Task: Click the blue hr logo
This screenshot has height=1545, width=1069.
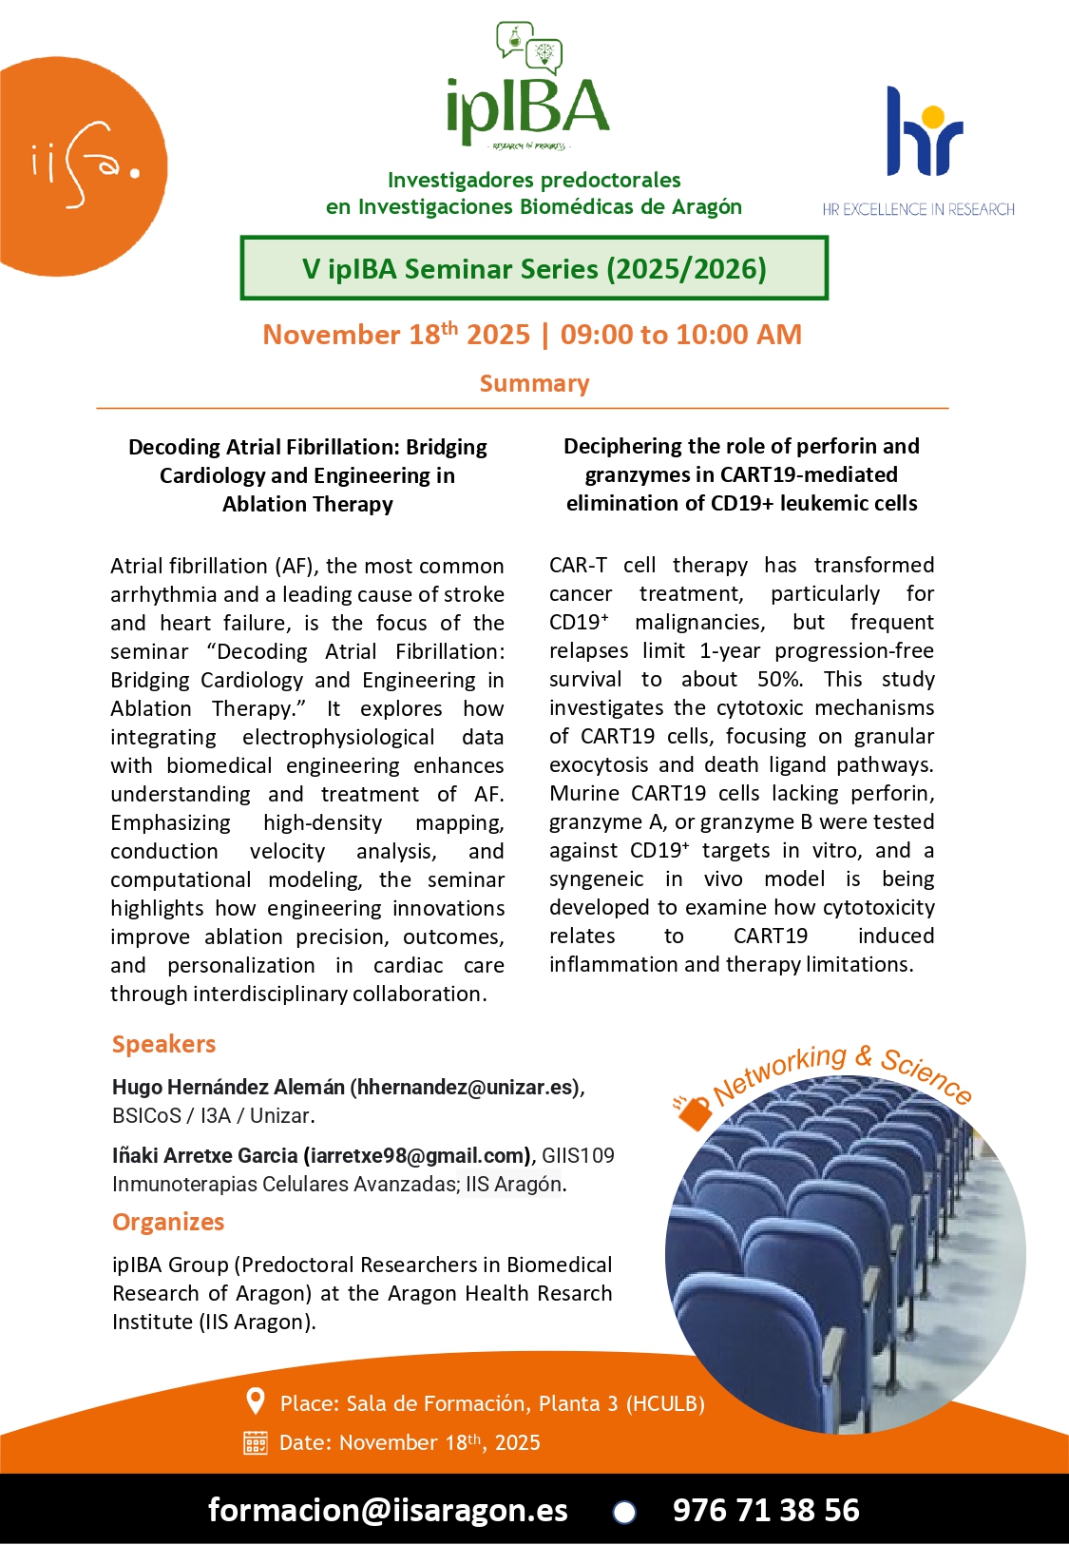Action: point(923,133)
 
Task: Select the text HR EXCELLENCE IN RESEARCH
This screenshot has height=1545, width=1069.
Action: point(918,209)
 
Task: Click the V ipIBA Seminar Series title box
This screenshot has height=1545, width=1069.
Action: point(534,269)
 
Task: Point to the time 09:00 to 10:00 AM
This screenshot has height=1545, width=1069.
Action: point(680,335)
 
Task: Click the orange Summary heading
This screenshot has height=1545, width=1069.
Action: point(534,383)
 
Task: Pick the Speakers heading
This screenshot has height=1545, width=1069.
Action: point(163,1044)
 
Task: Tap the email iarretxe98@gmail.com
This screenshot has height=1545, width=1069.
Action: point(416,1155)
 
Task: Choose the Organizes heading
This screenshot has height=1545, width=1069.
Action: point(168,1222)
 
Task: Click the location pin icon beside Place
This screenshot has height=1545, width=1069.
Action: point(255,1401)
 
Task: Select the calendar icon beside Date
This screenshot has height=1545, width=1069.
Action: point(256,1442)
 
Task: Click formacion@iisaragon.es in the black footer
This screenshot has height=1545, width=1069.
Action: point(388,1510)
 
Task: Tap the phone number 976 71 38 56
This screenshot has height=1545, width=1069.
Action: point(766,1510)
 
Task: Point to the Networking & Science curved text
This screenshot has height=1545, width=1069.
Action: point(841,1074)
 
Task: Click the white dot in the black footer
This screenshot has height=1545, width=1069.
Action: point(624,1512)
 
